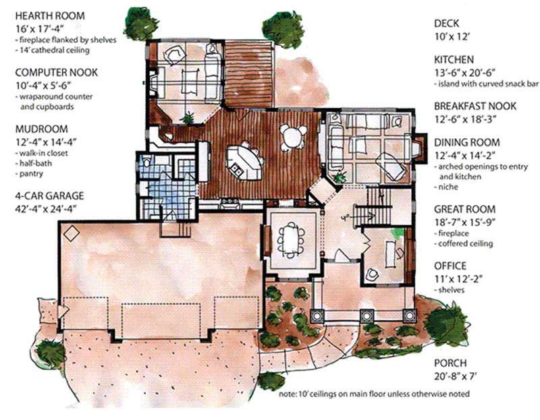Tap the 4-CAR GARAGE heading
42,196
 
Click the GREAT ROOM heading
464,210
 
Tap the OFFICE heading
450,266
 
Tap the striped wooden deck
248,74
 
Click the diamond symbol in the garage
71,233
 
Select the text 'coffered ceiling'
465,243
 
